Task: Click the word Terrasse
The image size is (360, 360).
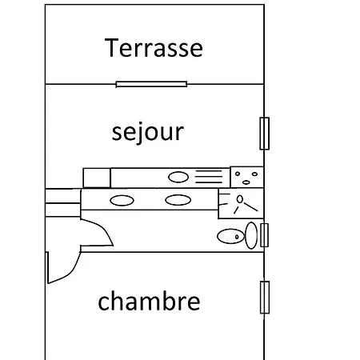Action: (154, 48)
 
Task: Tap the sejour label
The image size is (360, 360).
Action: (148, 132)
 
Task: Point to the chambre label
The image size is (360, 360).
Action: (149, 301)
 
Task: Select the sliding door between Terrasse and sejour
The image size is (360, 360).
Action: (151, 85)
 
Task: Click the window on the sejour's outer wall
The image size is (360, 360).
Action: (265, 134)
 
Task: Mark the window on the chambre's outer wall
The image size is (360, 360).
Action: (265, 298)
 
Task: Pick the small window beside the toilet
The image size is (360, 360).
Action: (264, 235)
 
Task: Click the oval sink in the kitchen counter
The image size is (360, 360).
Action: (178, 177)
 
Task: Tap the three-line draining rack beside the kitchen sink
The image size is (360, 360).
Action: (209, 177)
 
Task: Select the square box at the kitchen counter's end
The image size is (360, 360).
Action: (97, 178)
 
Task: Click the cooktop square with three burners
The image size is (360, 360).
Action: (247, 178)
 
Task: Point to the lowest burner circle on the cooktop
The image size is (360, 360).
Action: (246, 182)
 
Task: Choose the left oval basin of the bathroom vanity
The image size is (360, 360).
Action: (122, 201)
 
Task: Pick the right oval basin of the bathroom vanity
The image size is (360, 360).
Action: (178, 200)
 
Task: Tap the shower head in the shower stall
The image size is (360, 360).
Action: (240, 199)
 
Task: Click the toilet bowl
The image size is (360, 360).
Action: (231, 236)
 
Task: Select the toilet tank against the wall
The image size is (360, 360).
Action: (251, 235)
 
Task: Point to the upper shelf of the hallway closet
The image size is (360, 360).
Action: (63, 196)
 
